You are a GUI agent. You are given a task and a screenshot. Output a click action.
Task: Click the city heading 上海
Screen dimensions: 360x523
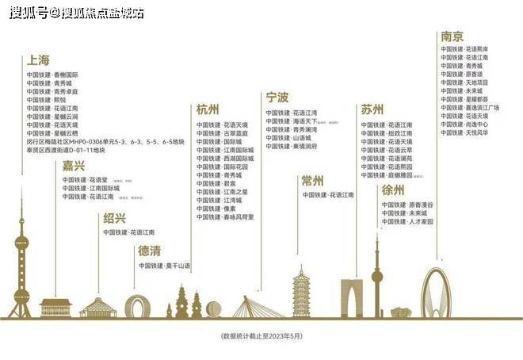(38, 60)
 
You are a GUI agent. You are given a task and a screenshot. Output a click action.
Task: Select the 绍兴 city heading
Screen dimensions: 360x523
(114, 218)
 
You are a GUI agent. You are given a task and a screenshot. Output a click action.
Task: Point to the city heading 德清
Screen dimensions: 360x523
(150, 251)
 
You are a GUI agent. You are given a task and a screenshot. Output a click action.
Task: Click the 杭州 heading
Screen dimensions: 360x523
(208, 109)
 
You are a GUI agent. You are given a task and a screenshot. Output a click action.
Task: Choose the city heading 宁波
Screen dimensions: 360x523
(277, 98)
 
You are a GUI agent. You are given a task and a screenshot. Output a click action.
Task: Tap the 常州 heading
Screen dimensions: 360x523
(313, 181)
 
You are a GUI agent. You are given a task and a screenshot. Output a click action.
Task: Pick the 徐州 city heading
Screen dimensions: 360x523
(393, 190)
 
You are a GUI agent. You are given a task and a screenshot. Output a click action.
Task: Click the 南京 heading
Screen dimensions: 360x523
(452, 36)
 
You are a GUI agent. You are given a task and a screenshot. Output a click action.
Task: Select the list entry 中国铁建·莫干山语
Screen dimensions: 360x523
(165, 266)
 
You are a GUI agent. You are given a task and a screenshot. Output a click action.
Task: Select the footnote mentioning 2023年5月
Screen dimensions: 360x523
(261, 336)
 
